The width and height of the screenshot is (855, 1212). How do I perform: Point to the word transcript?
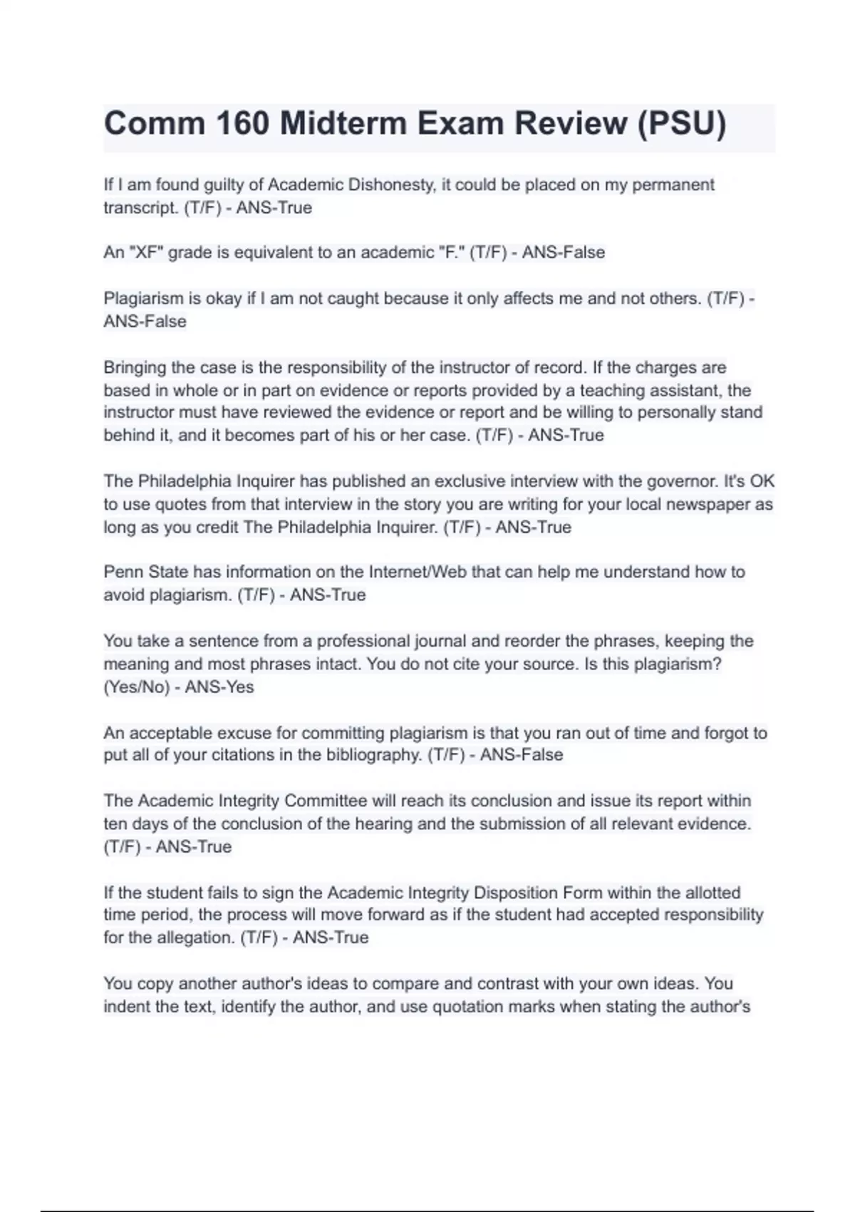click(x=140, y=208)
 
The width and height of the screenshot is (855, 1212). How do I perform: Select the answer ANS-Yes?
click(x=219, y=687)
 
